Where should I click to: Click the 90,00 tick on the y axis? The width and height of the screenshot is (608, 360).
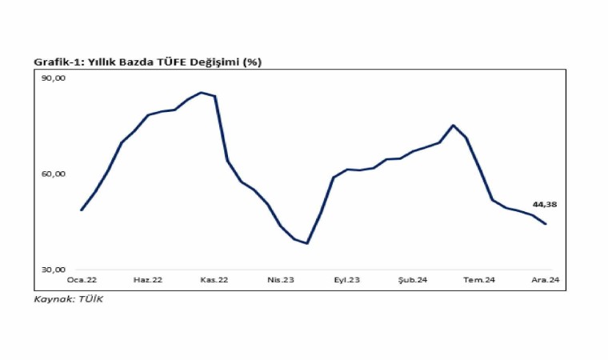(54, 78)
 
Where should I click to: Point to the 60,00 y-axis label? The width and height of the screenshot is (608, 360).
(54, 174)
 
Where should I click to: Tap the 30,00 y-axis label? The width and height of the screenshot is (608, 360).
(54, 270)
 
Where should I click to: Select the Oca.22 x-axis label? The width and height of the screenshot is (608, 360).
(82, 279)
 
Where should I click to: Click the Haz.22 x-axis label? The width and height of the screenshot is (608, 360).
(148, 279)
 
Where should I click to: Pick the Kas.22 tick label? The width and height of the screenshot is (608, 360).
(214, 279)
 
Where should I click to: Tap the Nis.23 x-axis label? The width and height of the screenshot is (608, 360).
(281, 279)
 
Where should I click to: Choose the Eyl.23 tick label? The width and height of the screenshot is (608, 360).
(347, 279)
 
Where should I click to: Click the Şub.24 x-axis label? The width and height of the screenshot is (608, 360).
(414, 279)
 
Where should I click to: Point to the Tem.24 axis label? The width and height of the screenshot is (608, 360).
(480, 279)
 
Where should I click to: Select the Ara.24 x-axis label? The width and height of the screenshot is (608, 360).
(546, 279)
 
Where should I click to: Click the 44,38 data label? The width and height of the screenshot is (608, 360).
(544, 205)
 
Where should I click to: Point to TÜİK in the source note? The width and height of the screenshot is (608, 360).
(91, 299)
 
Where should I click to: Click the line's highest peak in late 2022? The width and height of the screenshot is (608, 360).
(201, 92)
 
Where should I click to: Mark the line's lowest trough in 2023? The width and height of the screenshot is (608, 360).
(306, 243)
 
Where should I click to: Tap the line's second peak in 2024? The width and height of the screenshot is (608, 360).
(453, 125)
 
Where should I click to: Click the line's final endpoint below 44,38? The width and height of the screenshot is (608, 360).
(546, 224)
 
